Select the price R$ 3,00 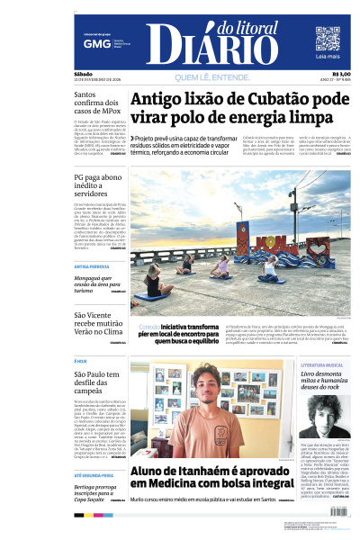click(341, 74)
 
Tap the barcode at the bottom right click(334, 511)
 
